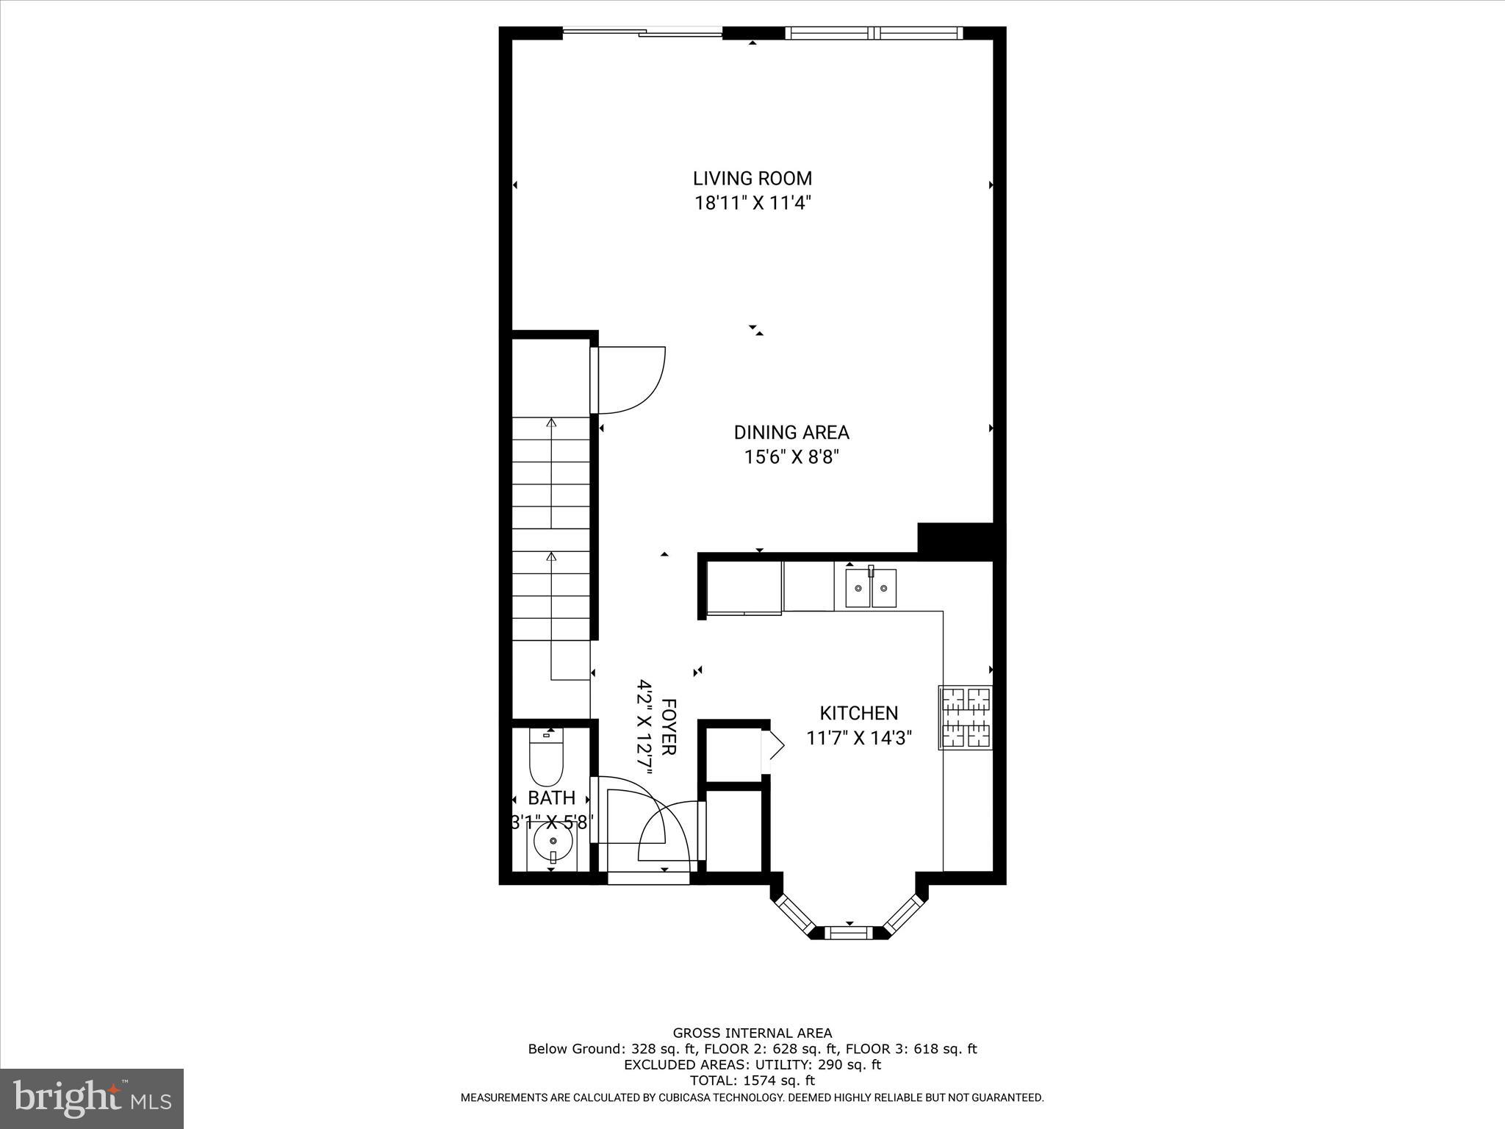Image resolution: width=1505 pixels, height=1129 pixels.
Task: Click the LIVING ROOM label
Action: (752, 179)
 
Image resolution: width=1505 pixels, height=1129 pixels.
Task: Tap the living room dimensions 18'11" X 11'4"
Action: (752, 203)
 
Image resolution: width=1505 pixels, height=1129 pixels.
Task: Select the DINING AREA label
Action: (791, 432)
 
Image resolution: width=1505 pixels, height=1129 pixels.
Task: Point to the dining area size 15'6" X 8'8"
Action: (791, 457)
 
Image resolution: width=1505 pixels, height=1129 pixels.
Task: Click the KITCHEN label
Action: (858, 713)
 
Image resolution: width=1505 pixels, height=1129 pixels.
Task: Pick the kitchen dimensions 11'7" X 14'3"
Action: (858, 738)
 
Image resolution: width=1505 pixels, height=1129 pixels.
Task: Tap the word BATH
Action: (551, 798)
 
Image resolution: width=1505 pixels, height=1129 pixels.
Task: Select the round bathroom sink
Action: (552, 842)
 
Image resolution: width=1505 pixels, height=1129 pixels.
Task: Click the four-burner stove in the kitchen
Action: (966, 717)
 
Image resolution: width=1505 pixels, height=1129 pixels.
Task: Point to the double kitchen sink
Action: (871, 588)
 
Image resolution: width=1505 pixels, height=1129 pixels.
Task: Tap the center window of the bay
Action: (850, 933)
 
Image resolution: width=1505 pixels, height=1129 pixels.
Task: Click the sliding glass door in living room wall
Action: (643, 32)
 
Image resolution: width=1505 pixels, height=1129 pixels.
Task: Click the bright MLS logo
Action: (92, 1098)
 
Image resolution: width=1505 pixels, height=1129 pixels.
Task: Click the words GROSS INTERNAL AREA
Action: (752, 1033)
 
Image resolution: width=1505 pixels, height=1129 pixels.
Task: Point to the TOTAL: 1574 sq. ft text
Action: (752, 1080)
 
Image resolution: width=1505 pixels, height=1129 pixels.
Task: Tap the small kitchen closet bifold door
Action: (773, 747)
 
